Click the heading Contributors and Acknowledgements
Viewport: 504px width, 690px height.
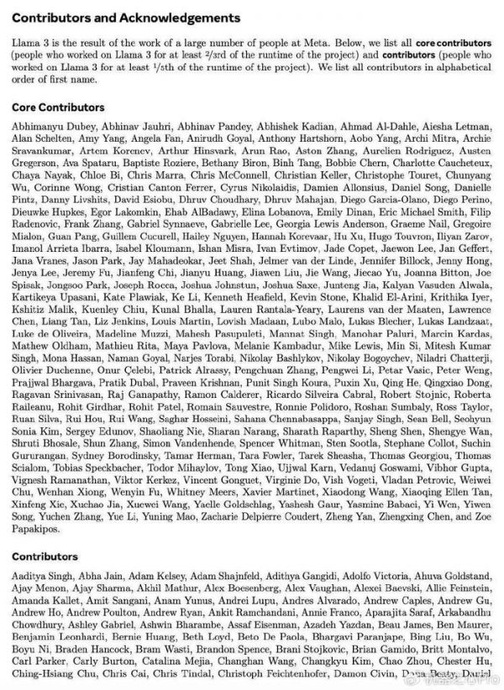click(126, 18)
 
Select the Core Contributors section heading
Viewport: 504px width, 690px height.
click(59, 107)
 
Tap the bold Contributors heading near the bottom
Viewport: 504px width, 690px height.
click(45, 557)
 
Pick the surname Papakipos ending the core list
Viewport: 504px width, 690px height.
click(38, 531)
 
